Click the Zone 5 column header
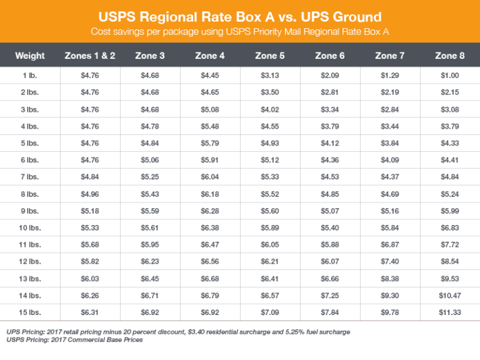pos(270,56)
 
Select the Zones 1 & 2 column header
pos(90,56)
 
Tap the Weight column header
pos(30,56)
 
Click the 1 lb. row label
pos(30,76)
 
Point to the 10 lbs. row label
pos(30,228)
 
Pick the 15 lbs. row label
pos(30,312)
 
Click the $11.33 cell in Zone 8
pos(449,312)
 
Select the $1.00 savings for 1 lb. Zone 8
pos(449,76)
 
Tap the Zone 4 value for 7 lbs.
pos(210,177)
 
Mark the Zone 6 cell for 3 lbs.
pos(330,109)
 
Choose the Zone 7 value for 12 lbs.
pos(389,262)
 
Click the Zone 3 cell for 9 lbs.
pos(150,211)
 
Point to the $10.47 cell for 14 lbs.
pos(449,296)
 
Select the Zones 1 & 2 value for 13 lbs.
pos(90,279)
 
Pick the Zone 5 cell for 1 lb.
pos(270,76)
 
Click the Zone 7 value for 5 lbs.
pos(389,143)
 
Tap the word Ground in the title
pos(351,15)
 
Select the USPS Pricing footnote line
pos(74,340)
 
